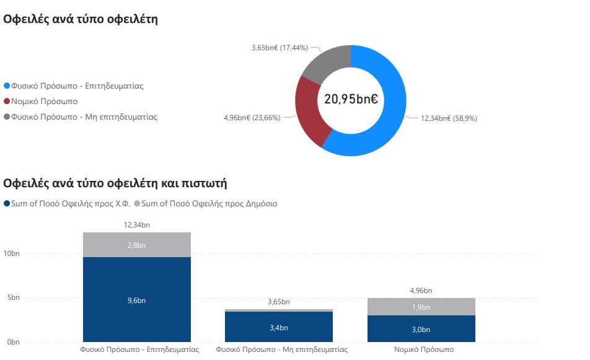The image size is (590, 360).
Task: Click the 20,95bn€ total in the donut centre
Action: click(x=351, y=99)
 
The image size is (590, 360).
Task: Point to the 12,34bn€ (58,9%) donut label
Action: click(x=449, y=118)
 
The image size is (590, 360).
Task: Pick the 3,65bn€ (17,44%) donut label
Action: click(x=280, y=48)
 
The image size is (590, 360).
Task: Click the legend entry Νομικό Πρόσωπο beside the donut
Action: click(x=44, y=101)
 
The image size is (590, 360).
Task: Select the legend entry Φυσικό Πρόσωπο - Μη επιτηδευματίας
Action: click(x=84, y=116)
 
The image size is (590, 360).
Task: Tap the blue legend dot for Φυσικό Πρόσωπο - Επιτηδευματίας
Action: click(x=7, y=86)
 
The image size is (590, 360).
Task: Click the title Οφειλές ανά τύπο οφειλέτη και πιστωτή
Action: click(x=115, y=183)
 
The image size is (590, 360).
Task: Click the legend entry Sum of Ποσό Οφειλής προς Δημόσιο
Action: click(x=209, y=203)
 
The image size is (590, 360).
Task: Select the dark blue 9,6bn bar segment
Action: click(x=137, y=300)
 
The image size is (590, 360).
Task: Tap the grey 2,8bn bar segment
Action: click(x=137, y=245)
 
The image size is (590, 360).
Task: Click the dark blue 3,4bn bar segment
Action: click(x=279, y=327)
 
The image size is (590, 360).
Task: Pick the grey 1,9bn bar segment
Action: click(x=421, y=307)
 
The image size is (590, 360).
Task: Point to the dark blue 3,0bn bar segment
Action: click(x=421, y=329)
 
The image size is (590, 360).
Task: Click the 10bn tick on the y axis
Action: click(x=11, y=253)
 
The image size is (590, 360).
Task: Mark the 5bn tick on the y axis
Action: click(x=13, y=297)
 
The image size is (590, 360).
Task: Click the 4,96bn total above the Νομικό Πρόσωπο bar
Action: click(x=421, y=290)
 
